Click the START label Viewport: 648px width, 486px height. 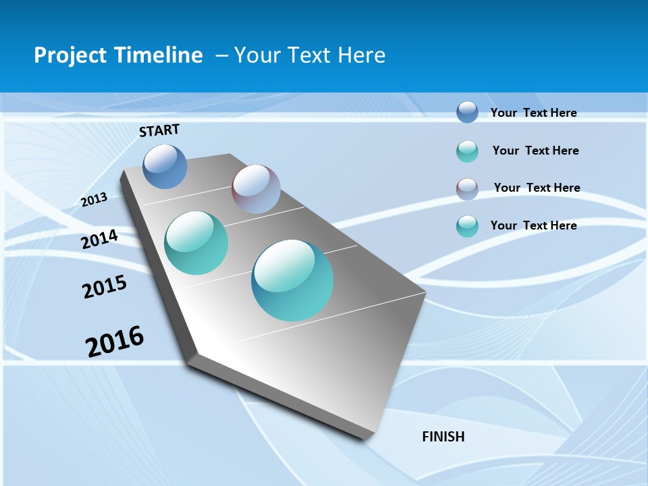point(159,130)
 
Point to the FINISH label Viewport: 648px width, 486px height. point(443,437)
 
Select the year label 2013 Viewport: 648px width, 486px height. point(94,200)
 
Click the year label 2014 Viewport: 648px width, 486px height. point(100,240)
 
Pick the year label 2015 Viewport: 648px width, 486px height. point(105,287)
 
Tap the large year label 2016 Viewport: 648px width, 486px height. point(115,342)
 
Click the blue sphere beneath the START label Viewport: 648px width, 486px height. point(165,166)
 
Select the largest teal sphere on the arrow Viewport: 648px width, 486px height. point(292,280)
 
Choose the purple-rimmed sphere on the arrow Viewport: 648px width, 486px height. point(256,189)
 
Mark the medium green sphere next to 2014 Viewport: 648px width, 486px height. point(196,243)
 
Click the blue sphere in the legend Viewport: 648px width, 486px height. point(467,112)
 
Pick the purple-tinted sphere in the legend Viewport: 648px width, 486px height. point(467,189)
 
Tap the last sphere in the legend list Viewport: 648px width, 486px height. point(467,226)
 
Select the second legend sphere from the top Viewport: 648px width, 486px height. point(467,151)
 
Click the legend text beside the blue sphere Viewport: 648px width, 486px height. point(533,113)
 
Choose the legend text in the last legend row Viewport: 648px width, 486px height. point(533,225)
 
